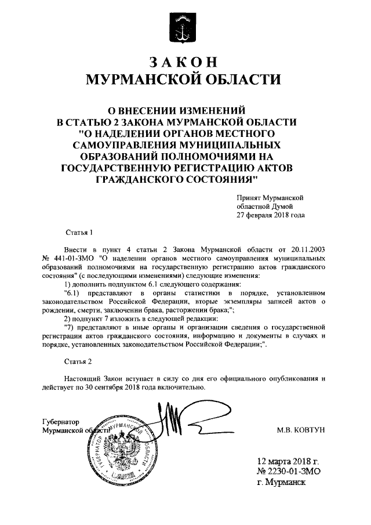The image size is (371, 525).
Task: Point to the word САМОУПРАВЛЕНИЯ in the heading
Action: point(123,145)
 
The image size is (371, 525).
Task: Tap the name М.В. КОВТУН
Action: point(303,432)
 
